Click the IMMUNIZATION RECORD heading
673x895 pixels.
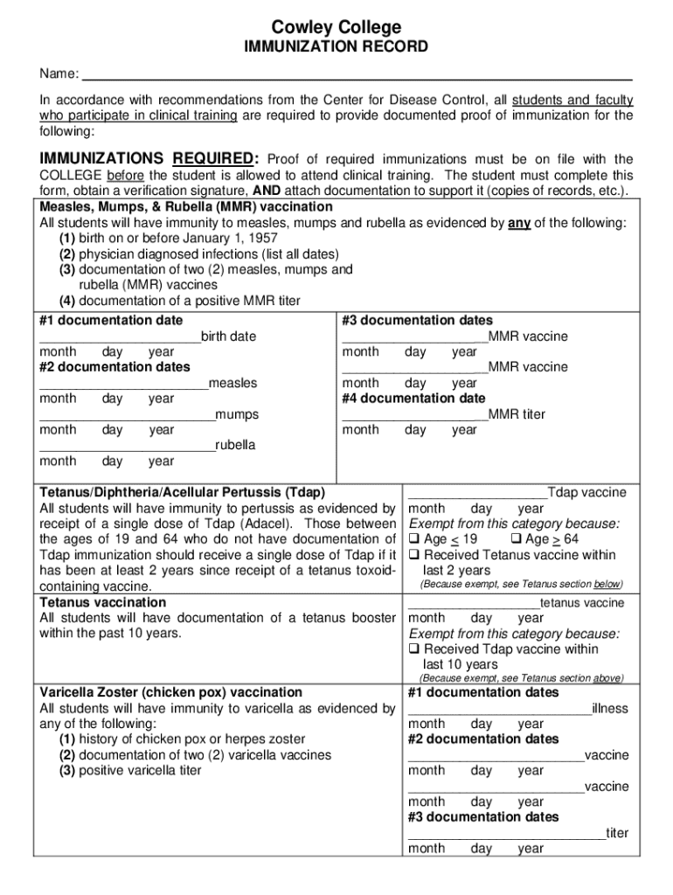tap(336, 47)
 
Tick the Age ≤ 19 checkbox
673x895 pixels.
tap(414, 540)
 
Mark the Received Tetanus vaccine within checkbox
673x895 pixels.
tap(414, 556)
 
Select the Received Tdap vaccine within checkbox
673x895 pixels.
tap(414, 650)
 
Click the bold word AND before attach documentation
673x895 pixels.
tap(267, 191)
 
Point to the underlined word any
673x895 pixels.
tap(519, 223)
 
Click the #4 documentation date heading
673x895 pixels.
tap(413, 399)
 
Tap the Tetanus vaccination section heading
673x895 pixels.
tap(103, 602)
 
